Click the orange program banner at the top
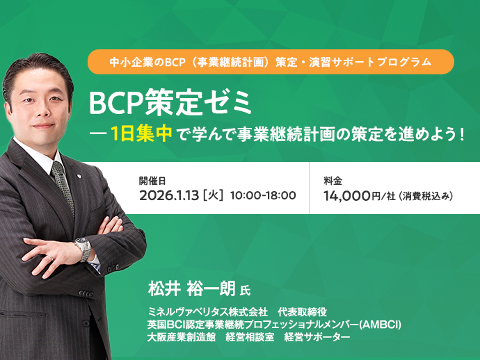(271, 62)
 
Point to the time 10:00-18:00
(263, 195)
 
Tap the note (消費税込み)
(426, 196)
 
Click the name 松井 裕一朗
(191, 288)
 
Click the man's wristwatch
(83, 249)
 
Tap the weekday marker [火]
(211, 195)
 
